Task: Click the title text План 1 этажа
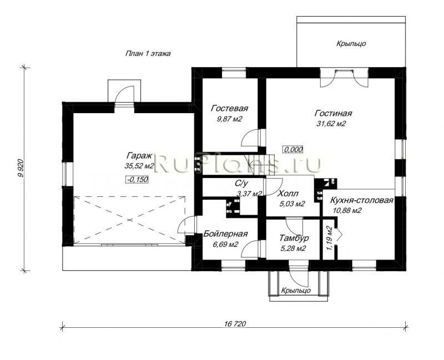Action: (148, 53)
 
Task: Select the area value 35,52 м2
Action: (139, 166)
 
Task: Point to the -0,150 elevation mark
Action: (137, 179)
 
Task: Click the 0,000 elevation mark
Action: (294, 149)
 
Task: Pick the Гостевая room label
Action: (230, 108)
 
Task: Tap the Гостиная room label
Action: (334, 113)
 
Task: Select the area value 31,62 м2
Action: (331, 124)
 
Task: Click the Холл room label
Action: (288, 194)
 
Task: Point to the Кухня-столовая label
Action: (362, 200)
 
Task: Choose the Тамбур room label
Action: (294, 238)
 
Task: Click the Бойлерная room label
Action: (226, 234)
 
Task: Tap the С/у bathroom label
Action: (241, 184)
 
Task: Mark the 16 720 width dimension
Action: (235, 324)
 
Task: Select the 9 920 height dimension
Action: (21, 169)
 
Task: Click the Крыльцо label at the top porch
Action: (351, 44)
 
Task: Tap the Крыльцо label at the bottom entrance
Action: (296, 290)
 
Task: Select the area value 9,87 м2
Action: (229, 119)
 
